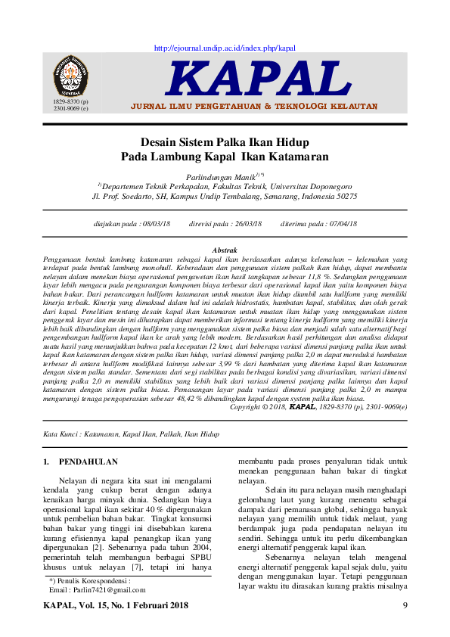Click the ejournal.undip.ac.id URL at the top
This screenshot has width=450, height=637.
[225, 48]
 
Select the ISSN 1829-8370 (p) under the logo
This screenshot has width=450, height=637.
[70, 101]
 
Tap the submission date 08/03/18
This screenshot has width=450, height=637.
[156, 224]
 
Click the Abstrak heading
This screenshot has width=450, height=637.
[225, 250]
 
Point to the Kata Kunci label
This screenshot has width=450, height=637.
[62, 434]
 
